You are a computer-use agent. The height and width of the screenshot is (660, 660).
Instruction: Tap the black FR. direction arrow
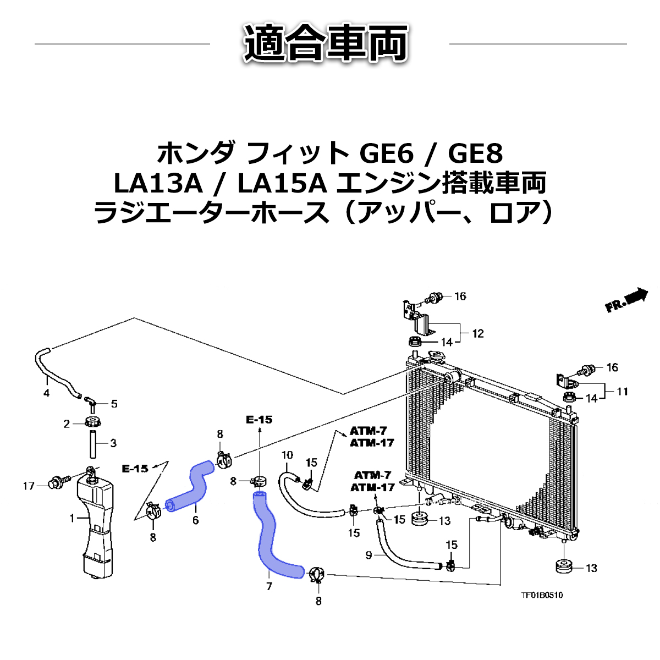(x=636, y=296)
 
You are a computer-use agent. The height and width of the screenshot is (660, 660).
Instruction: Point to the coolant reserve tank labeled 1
(x=96, y=522)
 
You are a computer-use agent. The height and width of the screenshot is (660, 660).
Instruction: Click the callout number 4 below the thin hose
(x=46, y=393)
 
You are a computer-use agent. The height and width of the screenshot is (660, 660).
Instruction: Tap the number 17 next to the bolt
(x=29, y=486)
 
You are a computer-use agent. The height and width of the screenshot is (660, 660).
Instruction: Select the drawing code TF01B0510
(x=542, y=595)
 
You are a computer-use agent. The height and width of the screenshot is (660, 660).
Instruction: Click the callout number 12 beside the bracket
(x=477, y=333)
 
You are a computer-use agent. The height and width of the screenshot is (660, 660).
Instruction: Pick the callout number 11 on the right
(x=621, y=392)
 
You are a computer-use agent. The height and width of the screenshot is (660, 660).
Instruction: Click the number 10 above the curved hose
(x=287, y=455)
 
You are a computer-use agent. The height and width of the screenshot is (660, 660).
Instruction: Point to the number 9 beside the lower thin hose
(x=369, y=555)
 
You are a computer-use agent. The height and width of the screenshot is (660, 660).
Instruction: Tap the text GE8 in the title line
(x=475, y=153)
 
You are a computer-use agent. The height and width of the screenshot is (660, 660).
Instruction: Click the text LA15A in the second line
(x=282, y=184)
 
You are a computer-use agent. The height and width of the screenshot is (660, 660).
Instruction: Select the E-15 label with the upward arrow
(x=259, y=420)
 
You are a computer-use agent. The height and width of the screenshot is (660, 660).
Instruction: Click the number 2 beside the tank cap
(x=67, y=424)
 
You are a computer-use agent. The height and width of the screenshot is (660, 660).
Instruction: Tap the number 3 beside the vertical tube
(x=113, y=443)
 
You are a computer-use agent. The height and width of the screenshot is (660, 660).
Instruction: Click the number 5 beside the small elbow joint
(x=114, y=404)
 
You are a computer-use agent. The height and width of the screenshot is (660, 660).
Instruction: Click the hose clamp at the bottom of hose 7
(x=317, y=575)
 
